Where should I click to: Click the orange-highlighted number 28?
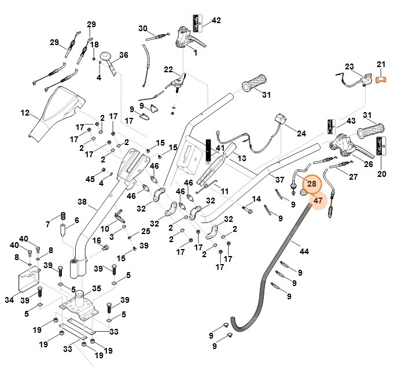[312, 184]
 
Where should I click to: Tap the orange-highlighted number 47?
[318, 201]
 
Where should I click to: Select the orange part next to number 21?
[381, 80]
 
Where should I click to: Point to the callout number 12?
[24, 113]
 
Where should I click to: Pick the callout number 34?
[8, 300]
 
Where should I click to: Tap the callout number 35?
[96, 288]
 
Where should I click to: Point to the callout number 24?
[301, 133]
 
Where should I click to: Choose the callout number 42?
[216, 21]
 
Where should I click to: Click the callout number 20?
[381, 173]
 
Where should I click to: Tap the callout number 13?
[242, 158]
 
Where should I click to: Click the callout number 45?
[90, 180]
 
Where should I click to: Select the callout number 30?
[143, 28]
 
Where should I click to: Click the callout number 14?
[257, 199]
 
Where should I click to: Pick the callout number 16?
[97, 240]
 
